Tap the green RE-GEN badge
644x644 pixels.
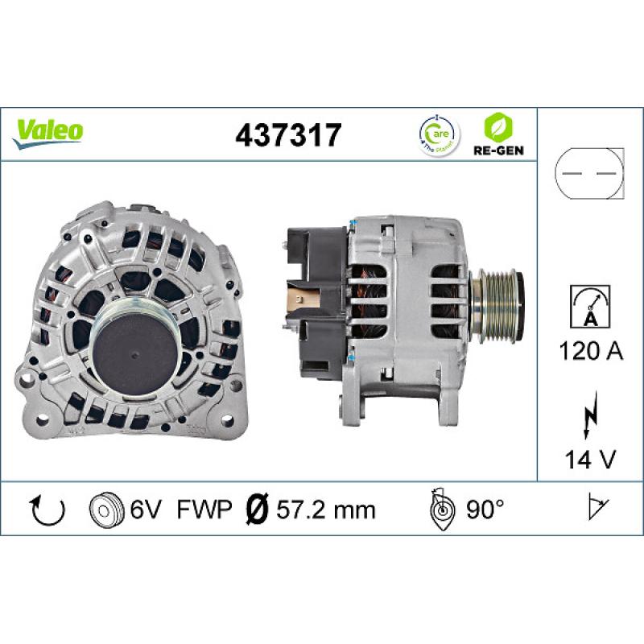click(494, 134)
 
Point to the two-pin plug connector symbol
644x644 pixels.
click(589, 175)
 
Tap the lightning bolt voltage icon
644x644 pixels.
click(588, 418)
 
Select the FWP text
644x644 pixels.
click(204, 509)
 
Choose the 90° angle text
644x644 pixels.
click(484, 509)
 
